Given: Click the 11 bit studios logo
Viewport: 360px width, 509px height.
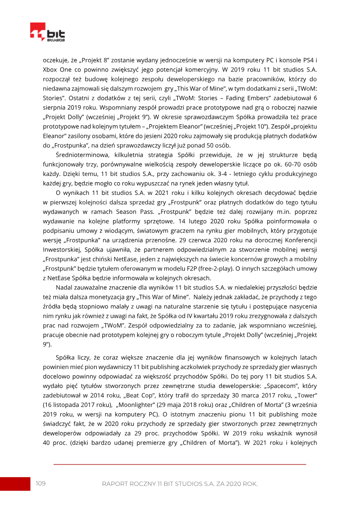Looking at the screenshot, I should (47, 32).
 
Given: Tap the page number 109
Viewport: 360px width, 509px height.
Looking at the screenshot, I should (41, 483).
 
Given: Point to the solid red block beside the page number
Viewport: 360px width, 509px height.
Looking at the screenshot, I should (15, 484).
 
